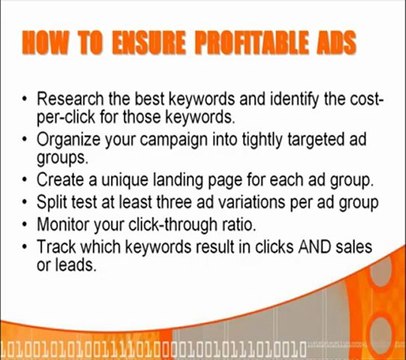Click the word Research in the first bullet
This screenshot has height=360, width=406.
click(x=72, y=101)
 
